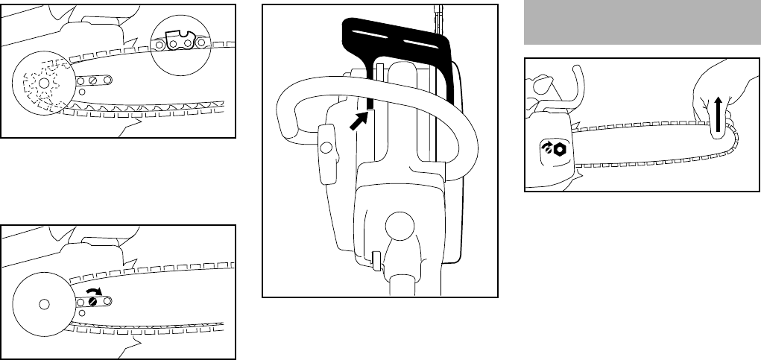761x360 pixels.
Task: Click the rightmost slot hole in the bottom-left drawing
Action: coord(109,301)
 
